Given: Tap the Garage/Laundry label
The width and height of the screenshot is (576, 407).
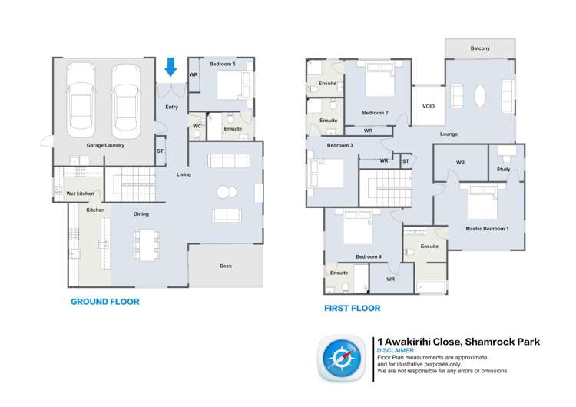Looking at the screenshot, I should [104, 144].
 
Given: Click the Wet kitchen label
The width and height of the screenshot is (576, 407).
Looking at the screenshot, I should [80, 194].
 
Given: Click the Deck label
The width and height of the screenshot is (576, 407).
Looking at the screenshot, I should [226, 266].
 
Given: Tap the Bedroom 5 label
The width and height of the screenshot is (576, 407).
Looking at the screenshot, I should [223, 64].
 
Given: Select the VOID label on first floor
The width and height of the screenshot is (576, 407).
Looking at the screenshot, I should [429, 107].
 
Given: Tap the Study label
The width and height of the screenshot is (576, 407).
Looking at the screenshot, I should [503, 169].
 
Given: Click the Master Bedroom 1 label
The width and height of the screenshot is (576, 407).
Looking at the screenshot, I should [487, 229].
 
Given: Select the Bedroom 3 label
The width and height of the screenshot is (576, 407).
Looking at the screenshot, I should [339, 145].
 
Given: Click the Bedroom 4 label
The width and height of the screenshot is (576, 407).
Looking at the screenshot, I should [369, 256].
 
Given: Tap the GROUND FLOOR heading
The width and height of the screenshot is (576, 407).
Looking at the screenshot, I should [105, 302].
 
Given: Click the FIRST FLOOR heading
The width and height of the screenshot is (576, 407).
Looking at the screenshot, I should [353, 309].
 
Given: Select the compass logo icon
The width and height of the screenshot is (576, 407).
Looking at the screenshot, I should [339, 358].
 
